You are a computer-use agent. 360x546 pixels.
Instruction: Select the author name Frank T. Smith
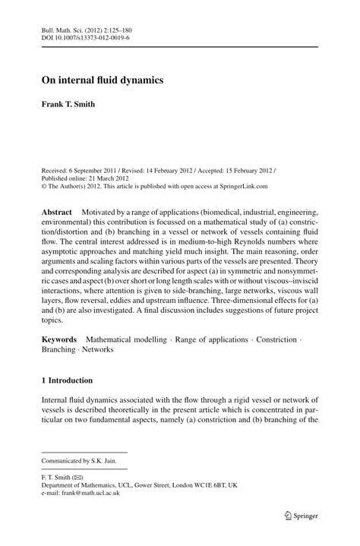tap(68, 104)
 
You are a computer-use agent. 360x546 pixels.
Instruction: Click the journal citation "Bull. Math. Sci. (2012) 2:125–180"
tap(89, 28)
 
